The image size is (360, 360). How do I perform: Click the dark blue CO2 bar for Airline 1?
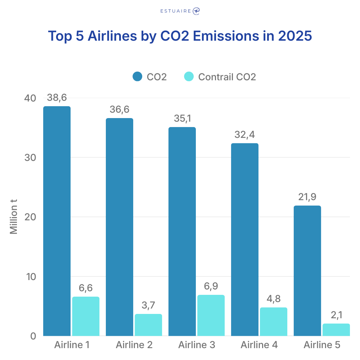57,221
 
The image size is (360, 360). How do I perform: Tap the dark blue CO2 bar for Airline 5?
307,271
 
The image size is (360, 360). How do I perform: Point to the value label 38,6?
57,98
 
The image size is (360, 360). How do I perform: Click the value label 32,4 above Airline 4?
244,135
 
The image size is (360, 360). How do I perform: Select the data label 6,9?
211,287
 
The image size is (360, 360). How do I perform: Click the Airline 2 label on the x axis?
134,345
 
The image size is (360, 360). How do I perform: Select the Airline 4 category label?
259,345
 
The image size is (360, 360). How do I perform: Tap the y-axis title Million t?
14,217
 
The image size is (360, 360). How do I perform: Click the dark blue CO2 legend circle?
138,77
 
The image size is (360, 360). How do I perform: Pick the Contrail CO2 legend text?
227,77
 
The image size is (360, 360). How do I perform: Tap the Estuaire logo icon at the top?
196,11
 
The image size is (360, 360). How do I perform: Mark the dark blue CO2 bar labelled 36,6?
119,227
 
